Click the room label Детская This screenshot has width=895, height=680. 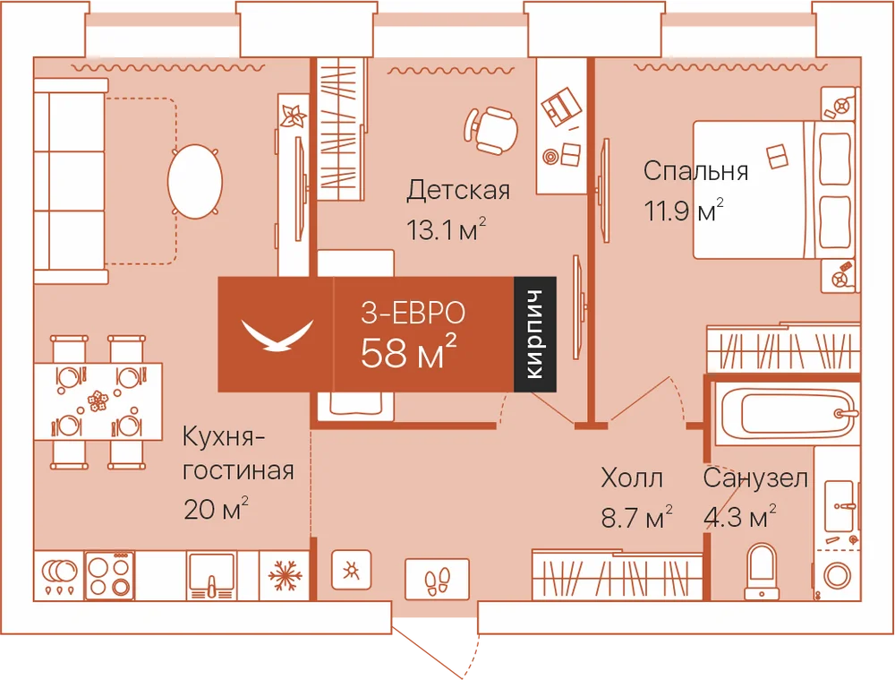click(x=457, y=190)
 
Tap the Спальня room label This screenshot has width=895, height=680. click(x=695, y=171)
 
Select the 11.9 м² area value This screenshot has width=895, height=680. click(x=684, y=211)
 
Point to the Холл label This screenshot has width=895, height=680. click(x=632, y=478)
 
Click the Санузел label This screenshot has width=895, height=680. click(x=755, y=478)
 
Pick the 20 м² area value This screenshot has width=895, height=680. click(x=216, y=509)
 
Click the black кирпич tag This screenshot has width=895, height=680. click(x=535, y=334)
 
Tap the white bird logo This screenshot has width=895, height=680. click(x=277, y=335)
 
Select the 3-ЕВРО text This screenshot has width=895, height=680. click(x=413, y=313)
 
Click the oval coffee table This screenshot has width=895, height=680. click(x=194, y=181)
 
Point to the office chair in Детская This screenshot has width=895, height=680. click(x=490, y=130)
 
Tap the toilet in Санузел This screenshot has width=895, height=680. click(x=762, y=571)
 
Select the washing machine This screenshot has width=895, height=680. click(x=837, y=574)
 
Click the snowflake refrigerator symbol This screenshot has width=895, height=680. click(x=285, y=575)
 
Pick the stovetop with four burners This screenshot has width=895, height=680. click(x=109, y=575)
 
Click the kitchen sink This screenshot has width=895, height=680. click(x=211, y=575)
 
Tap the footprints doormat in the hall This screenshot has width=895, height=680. click(x=438, y=580)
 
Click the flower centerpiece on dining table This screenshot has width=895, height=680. click(x=98, y=400)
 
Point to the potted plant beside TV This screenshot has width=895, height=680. click(x=294, y=116)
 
